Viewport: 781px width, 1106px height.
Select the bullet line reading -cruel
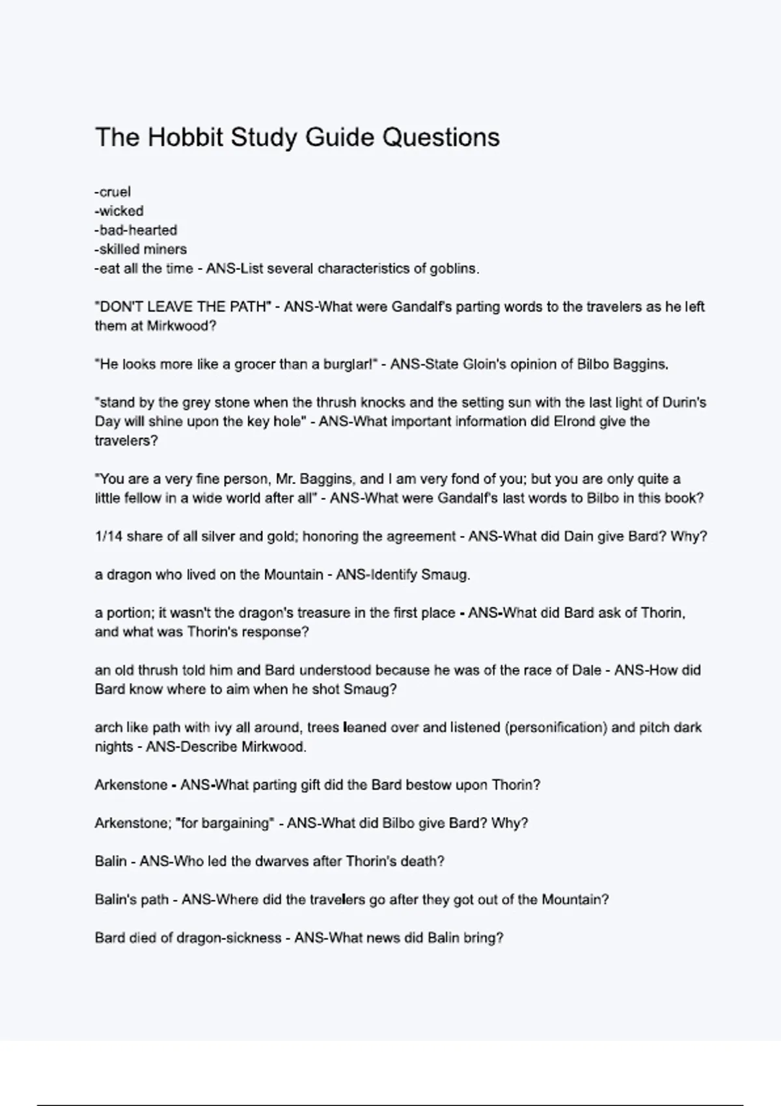[x=113, y=192]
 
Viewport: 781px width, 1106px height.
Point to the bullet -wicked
[x=119, y=211]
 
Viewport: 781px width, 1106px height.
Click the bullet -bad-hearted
[x=136, y=230]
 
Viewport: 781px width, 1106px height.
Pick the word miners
[x=165, y=249]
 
